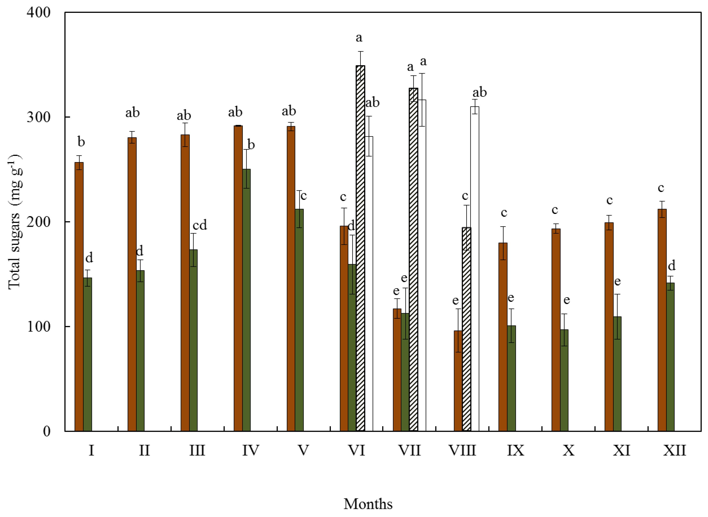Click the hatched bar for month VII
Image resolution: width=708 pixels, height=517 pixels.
[x=413, y=260]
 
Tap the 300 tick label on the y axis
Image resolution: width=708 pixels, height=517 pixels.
[x=39, y=117]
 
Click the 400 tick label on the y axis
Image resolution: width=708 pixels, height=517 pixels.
[x=39, y=13]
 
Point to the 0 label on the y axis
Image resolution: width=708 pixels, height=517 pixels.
[x=46, y=431]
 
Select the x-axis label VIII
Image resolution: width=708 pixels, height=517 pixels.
[x=462, y=451]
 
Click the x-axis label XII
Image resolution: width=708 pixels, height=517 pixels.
[x=675, y=451]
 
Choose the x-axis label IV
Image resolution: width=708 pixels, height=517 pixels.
[x=251, y=451]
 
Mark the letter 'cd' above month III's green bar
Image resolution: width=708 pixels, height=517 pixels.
[x=200, y=225]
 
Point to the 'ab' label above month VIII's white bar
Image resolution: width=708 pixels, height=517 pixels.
[x=479, y=92]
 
